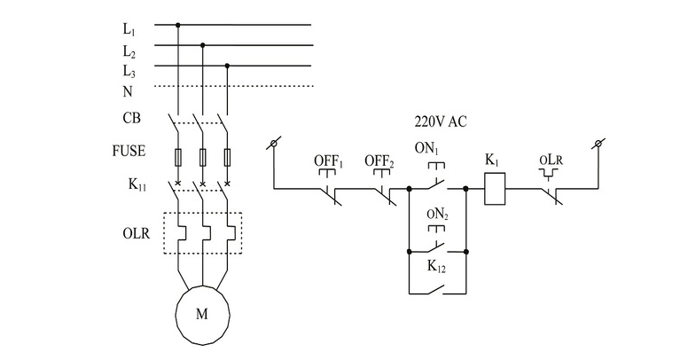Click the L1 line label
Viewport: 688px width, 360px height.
tap(129, 28)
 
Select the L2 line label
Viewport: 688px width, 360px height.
tap(129, 50)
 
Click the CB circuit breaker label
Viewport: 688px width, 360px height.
tap(131, 117)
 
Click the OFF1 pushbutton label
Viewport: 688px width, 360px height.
tap(329, 161)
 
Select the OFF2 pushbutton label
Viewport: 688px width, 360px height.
tap(379, 161)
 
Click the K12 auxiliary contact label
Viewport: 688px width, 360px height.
tap(438, 266)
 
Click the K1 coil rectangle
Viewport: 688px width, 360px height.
tap(495, 188)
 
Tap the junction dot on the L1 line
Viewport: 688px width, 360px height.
tap(178, 25)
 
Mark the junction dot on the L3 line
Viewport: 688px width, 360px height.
tap(228, 66)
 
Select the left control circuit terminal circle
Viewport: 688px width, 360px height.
tap(274, 143)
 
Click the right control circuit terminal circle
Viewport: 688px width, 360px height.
tap(599, 143)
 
